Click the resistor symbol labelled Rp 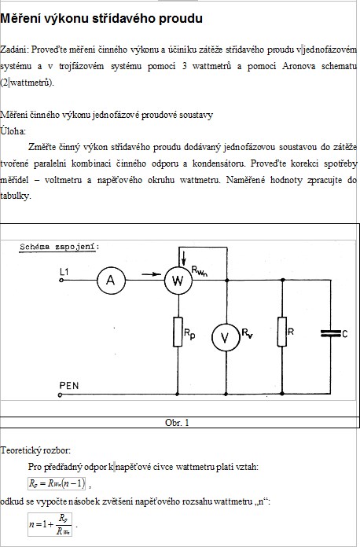point(178,332)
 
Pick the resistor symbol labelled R point(282,332)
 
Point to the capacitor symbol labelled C point(330,333)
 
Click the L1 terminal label point(64,271)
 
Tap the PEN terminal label point(69,385)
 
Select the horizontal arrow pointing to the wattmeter point(152,274)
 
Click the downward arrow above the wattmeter point(184,258)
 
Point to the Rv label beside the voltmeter point(248,333)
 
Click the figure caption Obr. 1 point(177,423)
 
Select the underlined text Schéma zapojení point(59,247)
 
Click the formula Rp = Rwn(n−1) point(57,483)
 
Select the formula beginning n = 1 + point(50,524)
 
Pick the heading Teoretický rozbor point(35,450)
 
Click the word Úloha point(13,130)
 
